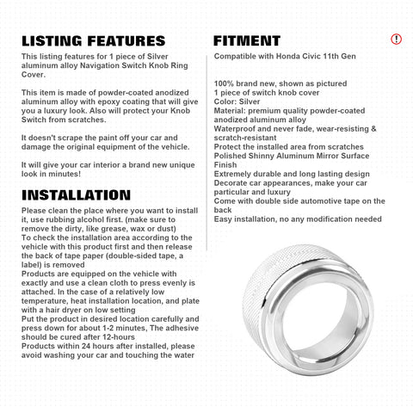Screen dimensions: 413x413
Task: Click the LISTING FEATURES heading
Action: pos(93,40)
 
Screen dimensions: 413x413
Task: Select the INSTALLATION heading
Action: pos(76,195)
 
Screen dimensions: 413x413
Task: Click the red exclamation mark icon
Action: pos(396,40)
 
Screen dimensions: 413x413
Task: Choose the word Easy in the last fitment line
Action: pos(225,219)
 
